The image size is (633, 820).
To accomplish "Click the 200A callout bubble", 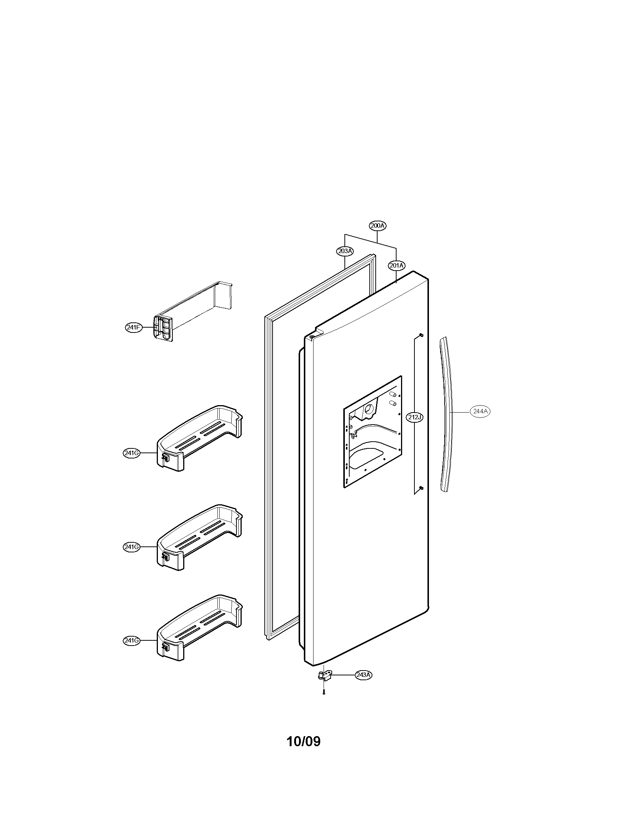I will tap(377, 225).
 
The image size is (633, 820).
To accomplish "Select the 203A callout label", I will tap(344, 251).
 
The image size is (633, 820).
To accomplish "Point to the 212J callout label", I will tap(414, 417).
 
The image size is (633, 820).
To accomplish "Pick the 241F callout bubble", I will tap(133, 327).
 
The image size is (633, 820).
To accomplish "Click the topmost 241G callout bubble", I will tap(131, 453).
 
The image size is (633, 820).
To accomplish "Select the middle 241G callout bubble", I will tap(131, 547).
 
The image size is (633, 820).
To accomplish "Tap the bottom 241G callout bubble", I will tap(131, 640).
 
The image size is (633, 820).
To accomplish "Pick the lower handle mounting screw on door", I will tap(421, 488).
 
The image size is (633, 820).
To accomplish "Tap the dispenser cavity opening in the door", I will tap(372, 431).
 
